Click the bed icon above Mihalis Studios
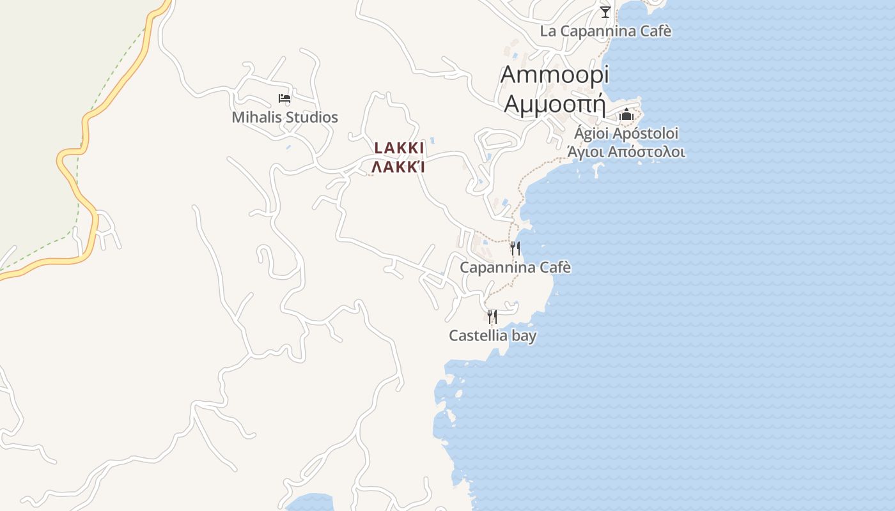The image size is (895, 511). point(284,98)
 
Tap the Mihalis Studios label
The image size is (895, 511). point(284,118)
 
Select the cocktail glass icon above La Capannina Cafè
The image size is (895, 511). point(605,11)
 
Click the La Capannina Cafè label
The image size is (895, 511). point(605,31)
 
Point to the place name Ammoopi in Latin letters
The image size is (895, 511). point(554,75)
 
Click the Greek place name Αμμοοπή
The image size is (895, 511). point(554,103)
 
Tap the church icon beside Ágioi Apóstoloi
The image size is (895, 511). point(626,115)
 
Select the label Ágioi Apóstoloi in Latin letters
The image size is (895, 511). point(626,133)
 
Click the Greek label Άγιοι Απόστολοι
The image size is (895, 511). point(626,152)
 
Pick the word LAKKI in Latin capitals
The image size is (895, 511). point(399,148)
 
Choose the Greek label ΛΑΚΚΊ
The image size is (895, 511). point(399,167)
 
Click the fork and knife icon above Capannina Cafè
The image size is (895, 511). point(515,248)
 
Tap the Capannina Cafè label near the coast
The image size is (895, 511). point(515,268)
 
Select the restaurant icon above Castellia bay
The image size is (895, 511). point(492,316)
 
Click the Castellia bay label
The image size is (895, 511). point(492,335)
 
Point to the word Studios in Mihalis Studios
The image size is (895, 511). point(311,118)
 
